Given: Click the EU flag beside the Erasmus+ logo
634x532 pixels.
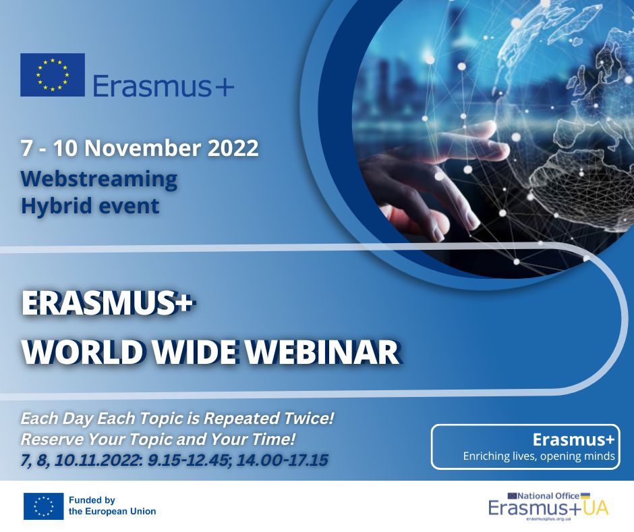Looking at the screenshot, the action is click(x=53, y=75).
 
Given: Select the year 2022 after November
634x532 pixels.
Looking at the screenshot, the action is click(x=233, y=148).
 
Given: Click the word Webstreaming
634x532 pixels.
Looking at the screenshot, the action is click(x=99, y=178).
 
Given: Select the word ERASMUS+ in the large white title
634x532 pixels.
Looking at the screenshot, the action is click(x=108, y=303).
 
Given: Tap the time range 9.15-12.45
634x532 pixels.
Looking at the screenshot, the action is click(x=188, y=460).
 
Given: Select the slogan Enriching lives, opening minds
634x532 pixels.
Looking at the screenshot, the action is click(x=539, y=456).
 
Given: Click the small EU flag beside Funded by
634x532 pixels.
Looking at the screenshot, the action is click(x=43, y=506).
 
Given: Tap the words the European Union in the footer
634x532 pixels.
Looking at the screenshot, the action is click(x=112, y=511).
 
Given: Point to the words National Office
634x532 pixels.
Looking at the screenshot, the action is click(x=549, y=496).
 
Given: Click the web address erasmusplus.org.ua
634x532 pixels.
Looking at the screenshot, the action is click(x=548, y=518).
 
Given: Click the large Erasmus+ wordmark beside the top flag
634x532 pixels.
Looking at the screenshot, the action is click(x=163, y=86).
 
